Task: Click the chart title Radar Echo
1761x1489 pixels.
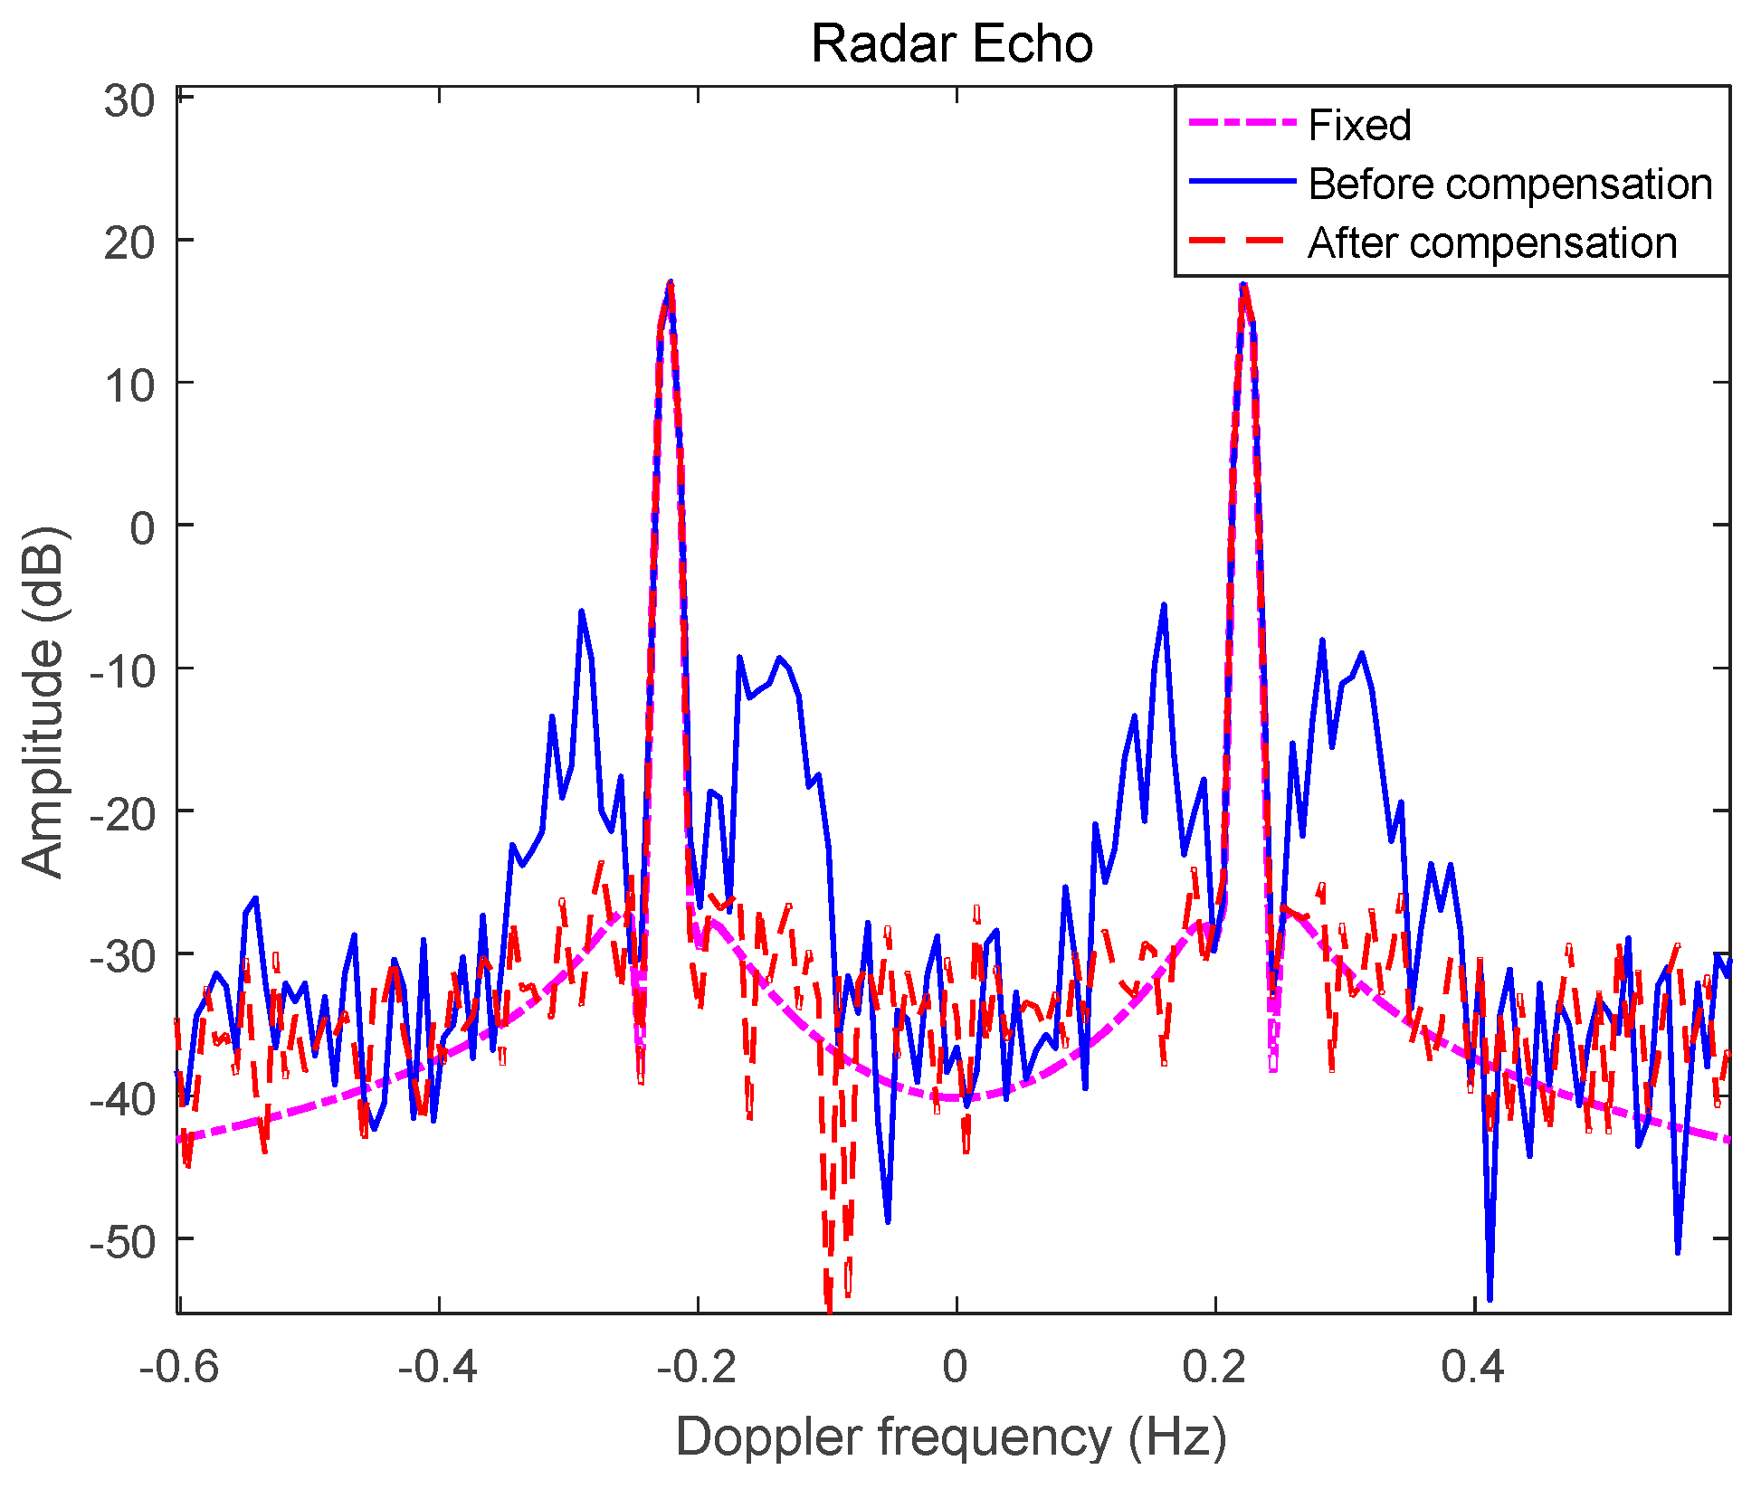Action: tap(952, 43)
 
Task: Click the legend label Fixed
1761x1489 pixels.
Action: tap(1359, 125)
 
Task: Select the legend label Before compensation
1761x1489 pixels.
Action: tap(1509, 184)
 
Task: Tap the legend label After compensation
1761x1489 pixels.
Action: tap(1492, 242)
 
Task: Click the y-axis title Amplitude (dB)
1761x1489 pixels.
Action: tap(43, 701)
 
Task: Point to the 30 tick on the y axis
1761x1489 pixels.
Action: tap(129, 100)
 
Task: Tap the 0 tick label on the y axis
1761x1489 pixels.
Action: tap(143, 527)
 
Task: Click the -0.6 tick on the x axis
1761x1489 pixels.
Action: tap(179, 1366)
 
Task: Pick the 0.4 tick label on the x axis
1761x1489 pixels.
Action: tap(1473, 1366)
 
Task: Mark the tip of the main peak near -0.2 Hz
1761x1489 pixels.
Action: tap(670, 283)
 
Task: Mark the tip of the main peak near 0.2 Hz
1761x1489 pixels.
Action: tap(1243, 284)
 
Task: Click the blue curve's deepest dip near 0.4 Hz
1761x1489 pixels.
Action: tap(1490, 1299)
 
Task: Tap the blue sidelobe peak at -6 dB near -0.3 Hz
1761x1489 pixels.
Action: tap(581, 612)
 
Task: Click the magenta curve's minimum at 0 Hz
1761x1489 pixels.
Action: tap(955, 1097)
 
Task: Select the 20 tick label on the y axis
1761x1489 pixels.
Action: tap(129, 242)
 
